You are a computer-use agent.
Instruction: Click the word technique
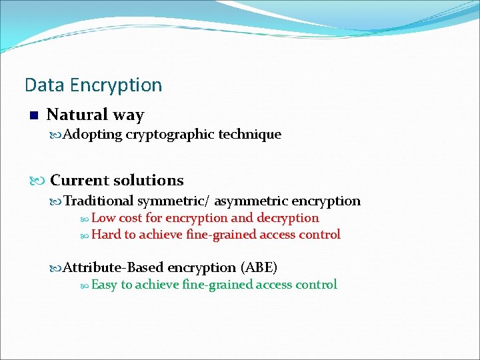[250, 134]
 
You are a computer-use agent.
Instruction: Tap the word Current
[79, 181]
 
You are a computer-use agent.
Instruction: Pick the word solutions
[149, 181]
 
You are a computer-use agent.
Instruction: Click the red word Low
[103, 218]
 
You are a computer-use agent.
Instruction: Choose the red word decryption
[287, 218]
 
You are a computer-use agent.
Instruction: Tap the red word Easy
[105, 285]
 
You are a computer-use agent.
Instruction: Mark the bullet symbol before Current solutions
[37, 181]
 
